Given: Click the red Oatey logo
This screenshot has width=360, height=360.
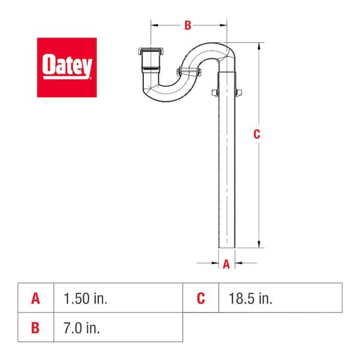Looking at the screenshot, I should pyautogui.click(x=67, y=67).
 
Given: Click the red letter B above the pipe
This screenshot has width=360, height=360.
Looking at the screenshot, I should pyautogui.click(x=187, y=25).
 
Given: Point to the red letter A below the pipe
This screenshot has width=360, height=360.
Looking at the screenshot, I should pyautogui.click(x=226, y=263).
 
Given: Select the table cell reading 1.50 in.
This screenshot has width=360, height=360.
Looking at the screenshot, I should pyautogui.click(x=83, y=298).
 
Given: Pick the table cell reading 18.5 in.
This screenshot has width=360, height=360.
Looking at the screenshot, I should pyautogui.click(x=250, y=298).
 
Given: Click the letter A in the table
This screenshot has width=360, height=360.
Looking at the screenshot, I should pyautogui.click(x=35, y=298).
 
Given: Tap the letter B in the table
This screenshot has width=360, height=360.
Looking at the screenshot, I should pyautogui.click(x=35, y=328).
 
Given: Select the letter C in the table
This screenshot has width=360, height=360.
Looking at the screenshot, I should pyautogui.click(x=201, y=298).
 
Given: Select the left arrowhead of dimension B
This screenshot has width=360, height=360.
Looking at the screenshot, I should pyautogui.click(x=153, y=25).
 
